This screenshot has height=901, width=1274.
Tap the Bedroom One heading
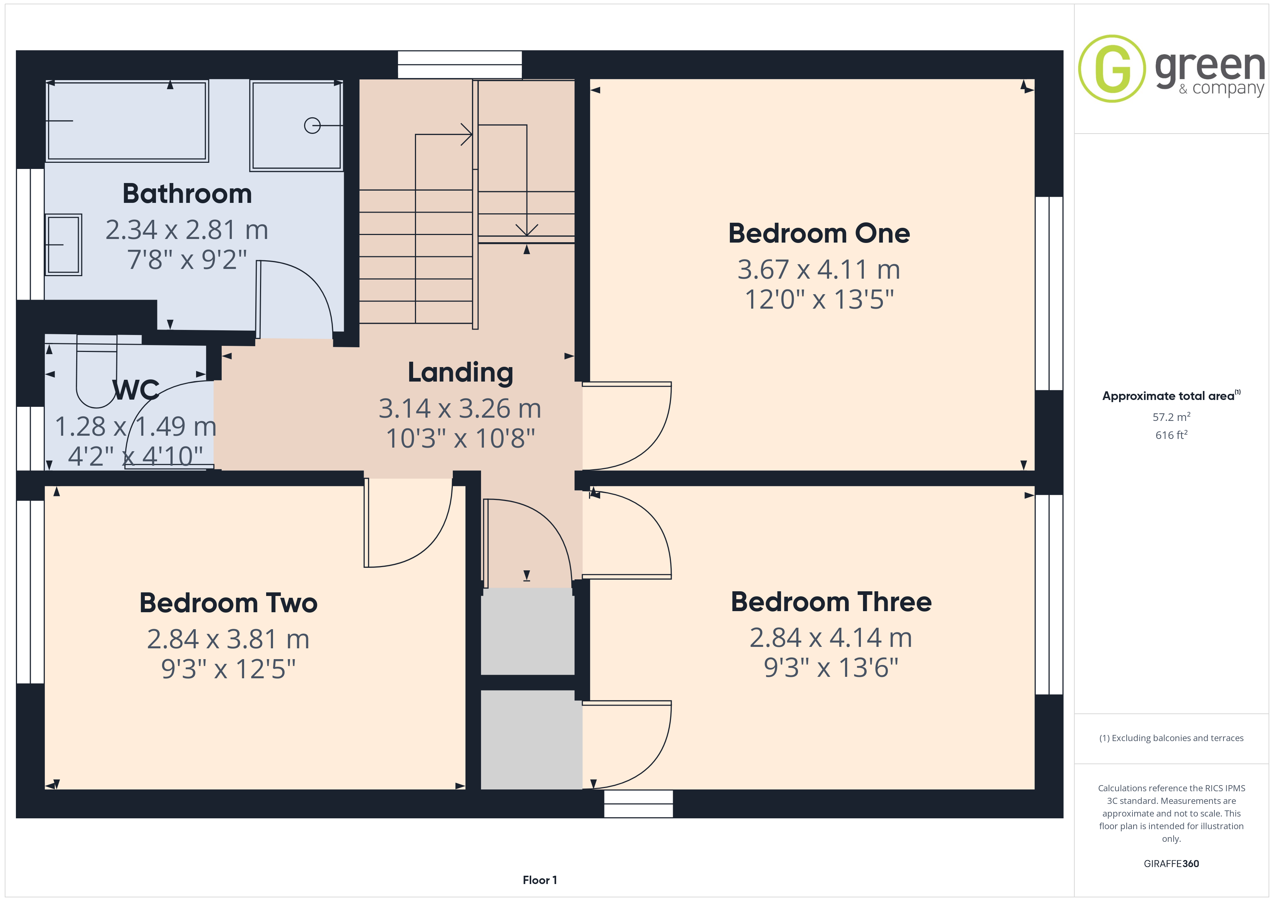(819, 234)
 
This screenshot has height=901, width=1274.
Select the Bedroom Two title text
(228, 603)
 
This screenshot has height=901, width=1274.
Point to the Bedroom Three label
(831, 602)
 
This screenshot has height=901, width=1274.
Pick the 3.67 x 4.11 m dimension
(819, 270)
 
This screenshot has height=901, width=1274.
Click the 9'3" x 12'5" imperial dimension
(228, 669)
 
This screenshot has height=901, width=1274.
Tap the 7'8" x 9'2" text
(187, 260)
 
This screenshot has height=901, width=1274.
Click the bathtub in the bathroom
(127, 121)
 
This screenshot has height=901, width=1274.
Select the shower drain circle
(312, 126)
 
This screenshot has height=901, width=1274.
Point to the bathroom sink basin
(63, 245)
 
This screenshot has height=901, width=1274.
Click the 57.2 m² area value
(1171, 417)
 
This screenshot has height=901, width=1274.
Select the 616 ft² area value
(1171, 435)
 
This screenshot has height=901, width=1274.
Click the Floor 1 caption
(539, 880)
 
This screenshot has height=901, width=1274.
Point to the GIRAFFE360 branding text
(1171, 864)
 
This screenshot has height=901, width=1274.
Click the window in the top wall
(460, 64)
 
